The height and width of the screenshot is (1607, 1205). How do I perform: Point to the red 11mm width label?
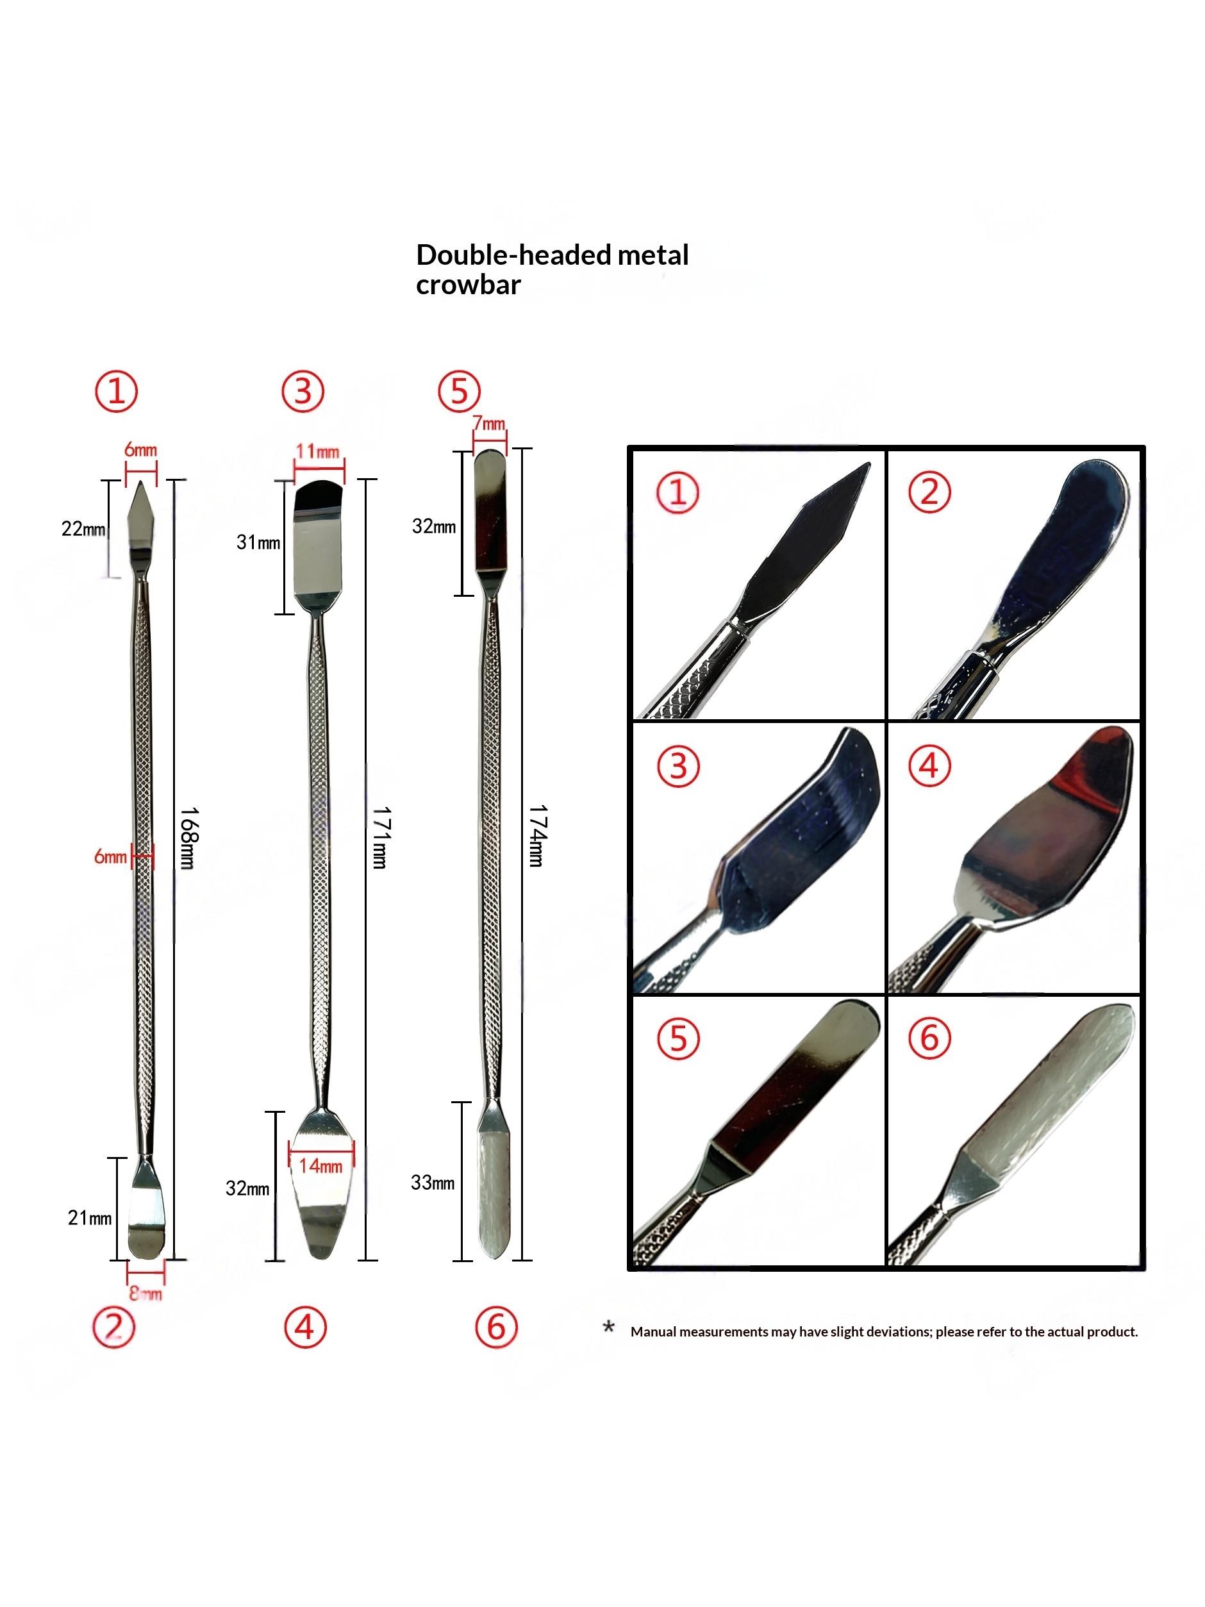pyautogui.click(x=317, y=451)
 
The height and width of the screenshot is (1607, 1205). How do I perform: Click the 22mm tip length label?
pyautogui.click(x=83, y=528)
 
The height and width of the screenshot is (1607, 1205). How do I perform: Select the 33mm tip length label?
pyautogui.click(x=433, y=1183)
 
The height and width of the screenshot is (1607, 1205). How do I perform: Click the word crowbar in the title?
pyautogui.click(x=468, y=285)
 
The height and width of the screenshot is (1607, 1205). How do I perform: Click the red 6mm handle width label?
pyautogui.click(x=110, y=857)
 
